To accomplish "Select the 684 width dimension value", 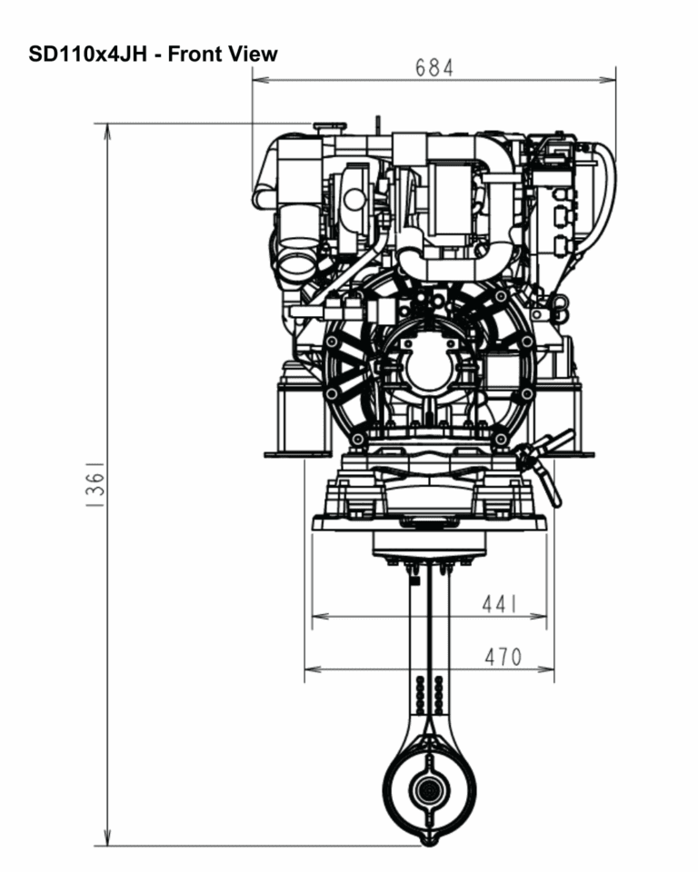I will click(x=434, y=68).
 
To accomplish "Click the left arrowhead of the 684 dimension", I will click(x=257, y=80).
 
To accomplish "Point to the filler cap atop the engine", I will click(x=324, y=127).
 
